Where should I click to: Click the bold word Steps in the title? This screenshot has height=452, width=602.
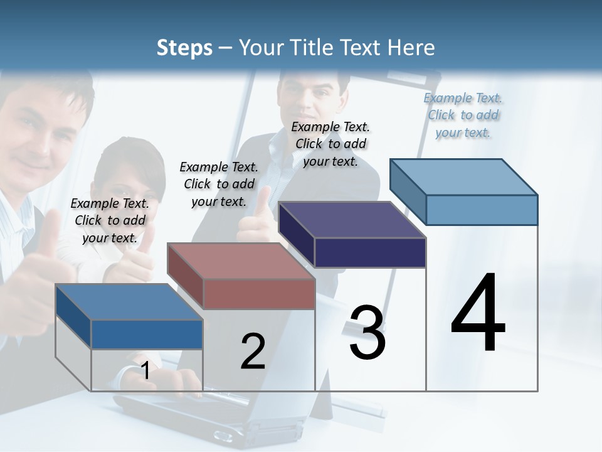point(184,48)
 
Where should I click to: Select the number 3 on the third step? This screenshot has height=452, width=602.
point(367,333)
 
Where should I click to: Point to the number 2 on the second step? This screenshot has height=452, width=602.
point(253,352)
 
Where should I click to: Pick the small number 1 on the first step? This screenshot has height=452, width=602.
point(145,371)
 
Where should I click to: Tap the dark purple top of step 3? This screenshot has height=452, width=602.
point(352,220)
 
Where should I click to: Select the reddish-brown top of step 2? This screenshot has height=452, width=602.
point(241,261)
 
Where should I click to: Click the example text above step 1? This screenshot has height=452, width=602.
point(110,220)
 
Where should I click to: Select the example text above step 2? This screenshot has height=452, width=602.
point(219,184)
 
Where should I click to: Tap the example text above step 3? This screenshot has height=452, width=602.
point(330,144)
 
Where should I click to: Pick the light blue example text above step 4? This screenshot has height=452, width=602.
point(463,115)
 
